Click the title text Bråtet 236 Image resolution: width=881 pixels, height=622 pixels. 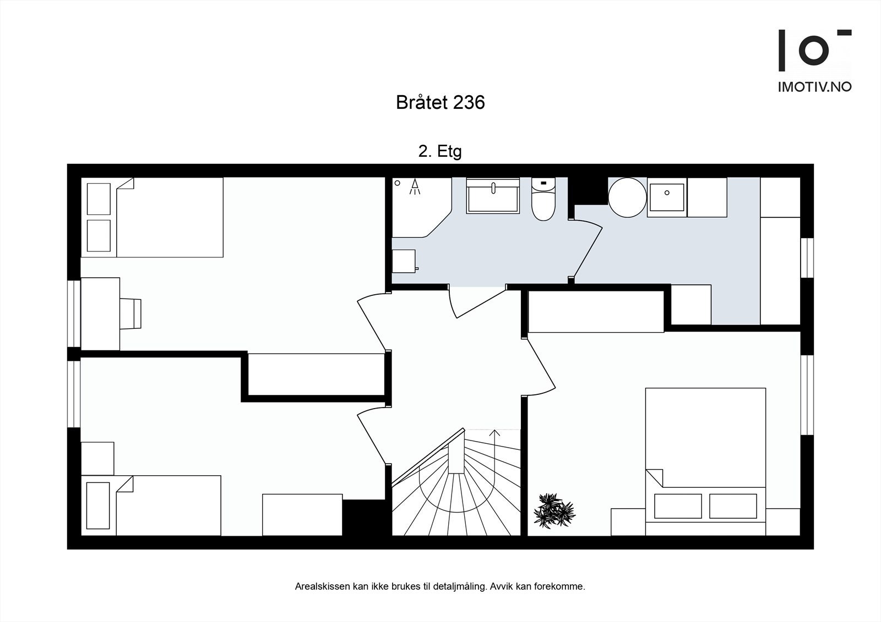click(440, 103)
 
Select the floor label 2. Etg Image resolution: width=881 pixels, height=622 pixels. click(440, 151)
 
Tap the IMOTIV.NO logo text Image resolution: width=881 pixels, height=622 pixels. click(814, 87)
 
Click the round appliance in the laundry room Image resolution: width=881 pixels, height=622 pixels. click(627, 197)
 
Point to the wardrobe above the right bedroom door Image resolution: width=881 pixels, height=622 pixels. click(596, 312)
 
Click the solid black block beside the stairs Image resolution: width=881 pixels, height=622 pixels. click(363, 517)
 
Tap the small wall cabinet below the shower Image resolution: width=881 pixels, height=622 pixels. click(404, 261)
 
